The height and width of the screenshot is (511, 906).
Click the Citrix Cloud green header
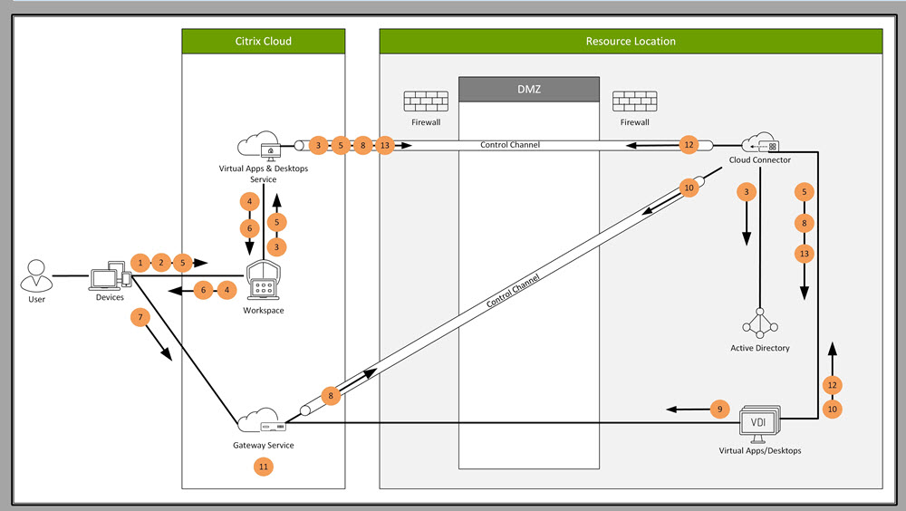(264, 41)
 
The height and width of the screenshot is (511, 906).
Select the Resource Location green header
(631, 41)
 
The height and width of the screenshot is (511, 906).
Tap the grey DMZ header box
(529, 89)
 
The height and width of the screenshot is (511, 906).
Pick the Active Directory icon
(760, 324)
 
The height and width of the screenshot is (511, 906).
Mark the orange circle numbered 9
(720, 410)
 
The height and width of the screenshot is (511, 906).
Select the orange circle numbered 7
(140, 317)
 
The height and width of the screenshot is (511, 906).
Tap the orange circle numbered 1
(140, 262)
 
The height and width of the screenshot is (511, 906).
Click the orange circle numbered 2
(161, 262)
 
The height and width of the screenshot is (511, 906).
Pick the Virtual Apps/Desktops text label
(760, 450)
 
